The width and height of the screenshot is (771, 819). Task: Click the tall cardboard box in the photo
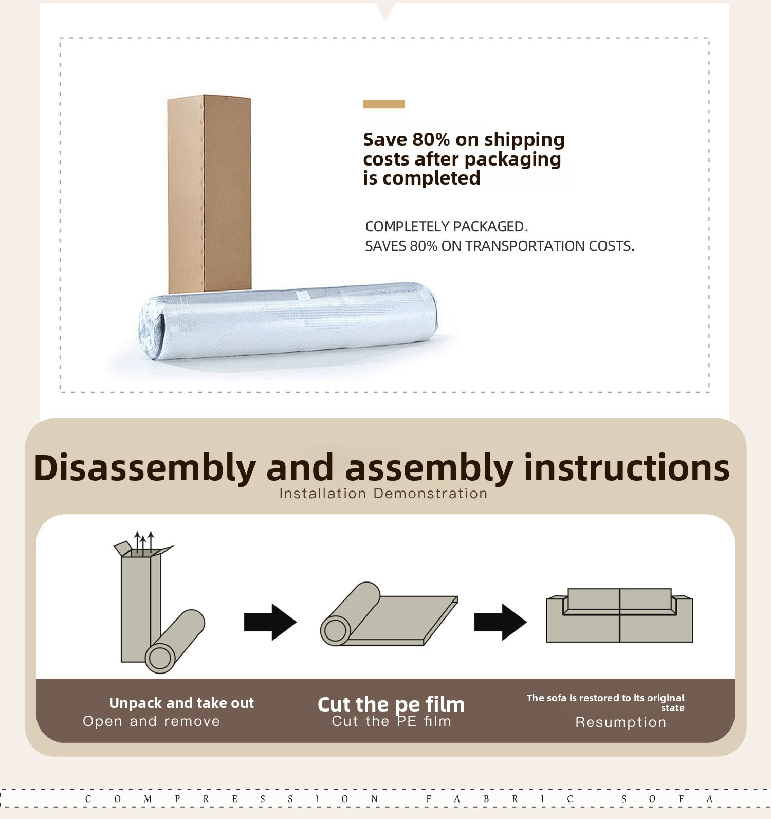209,194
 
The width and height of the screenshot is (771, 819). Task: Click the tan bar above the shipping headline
384,104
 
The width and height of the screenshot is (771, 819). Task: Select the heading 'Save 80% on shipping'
464,139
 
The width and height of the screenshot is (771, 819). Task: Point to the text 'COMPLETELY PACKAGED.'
447,226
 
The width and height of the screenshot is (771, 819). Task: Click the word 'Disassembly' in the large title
145,468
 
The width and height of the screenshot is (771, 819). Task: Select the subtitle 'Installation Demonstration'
383,494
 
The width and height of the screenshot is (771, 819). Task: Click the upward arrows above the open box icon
144,541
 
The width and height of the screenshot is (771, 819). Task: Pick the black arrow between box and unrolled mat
270,622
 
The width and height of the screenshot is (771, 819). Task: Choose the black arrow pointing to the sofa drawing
501,622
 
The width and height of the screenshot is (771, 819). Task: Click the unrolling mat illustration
389,614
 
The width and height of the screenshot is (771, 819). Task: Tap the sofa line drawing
619,615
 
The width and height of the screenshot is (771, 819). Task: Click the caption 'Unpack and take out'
181,703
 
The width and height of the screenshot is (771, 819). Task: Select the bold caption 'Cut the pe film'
391,704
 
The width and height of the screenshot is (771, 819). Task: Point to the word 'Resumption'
620,722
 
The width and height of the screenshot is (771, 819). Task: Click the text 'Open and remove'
152,721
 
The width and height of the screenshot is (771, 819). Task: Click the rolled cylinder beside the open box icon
175,642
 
